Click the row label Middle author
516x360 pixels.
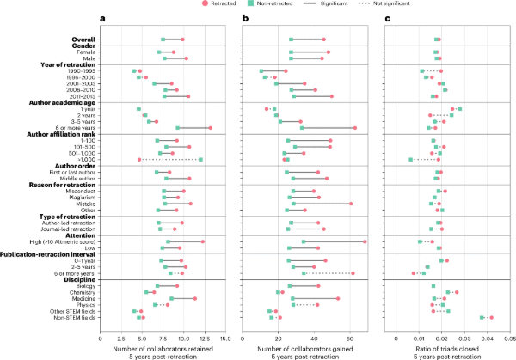pyautogui.click(x=85, y=178)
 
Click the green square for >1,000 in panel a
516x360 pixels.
pyautogui.click(x=200, y=159)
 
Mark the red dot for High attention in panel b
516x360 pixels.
pyautogui.click(x=365, y=241)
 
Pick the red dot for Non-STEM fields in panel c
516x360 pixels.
pyautogui.click(x=491, y=317)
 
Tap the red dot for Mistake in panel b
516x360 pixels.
pyautogui.click(x=351, y=204)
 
